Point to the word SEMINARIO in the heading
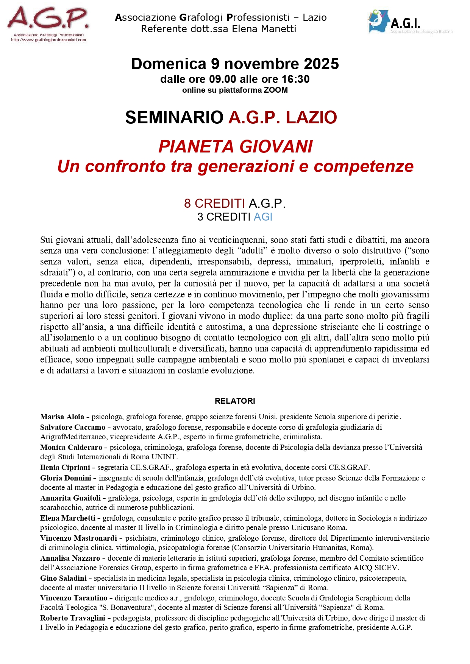point(174,117)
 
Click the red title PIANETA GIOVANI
point(235,146)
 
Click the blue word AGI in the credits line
point(263,217)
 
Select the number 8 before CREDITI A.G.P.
point(187,204)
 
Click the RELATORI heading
point(235,401)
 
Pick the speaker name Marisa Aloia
point(62,417)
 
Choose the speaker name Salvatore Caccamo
point(73,427)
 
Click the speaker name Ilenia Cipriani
point(65,467)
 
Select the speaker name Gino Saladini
point(64,578)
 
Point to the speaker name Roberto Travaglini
point(73,618)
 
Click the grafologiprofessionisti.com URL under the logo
point(48,40)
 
